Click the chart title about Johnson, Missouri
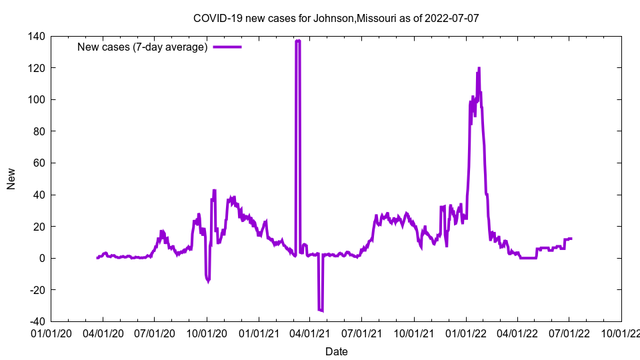(336, 19)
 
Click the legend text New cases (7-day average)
(143, 47)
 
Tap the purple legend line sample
(227, 47)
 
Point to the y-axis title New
(11, 179)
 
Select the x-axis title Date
(336, 351)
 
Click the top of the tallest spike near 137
(297, 41)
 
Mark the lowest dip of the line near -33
(321, 310)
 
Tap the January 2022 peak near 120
(479, 68)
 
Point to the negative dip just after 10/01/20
(208, 281)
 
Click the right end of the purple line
(571, 239)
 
